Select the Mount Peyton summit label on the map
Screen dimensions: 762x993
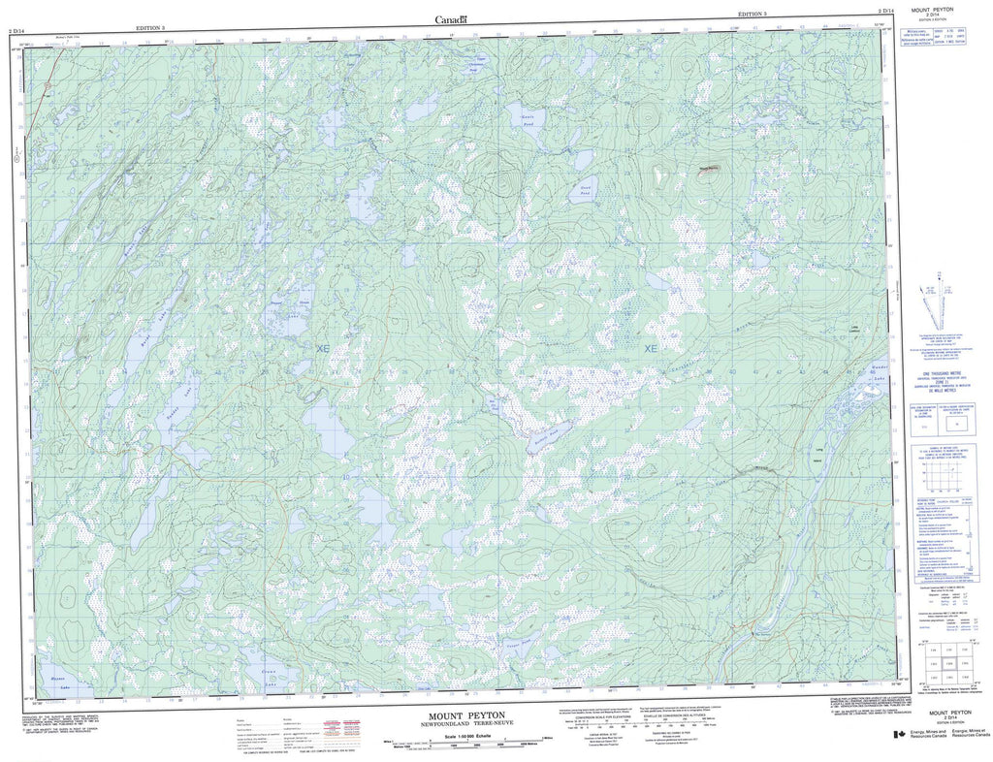[x=711, y=168]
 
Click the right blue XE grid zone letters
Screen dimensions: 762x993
[x=651, y=348]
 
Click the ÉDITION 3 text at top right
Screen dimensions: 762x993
[x=752, y=15]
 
